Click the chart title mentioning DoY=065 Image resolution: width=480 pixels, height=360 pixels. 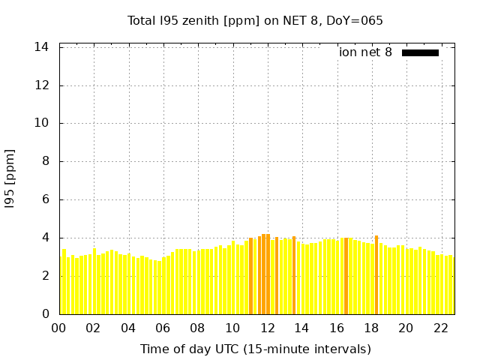click(255, 21)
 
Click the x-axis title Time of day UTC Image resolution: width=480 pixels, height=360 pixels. click(255, 349)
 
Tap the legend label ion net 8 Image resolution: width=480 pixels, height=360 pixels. click(365, 52)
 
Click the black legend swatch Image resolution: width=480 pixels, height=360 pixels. click(420, 52)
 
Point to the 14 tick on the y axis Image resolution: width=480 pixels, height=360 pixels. click(42, 47)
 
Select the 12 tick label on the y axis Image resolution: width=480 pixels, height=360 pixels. click(42, 85)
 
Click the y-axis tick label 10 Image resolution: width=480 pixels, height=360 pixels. click(42, 124)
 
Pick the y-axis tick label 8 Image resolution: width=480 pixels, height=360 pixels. click(45, 162)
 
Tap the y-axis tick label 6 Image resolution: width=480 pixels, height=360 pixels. click(45, 200)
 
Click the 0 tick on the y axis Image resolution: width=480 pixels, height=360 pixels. click(45, 314)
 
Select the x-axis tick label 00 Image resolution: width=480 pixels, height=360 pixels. click(58, 328)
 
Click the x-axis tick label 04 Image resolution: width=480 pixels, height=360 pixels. click(128, 328)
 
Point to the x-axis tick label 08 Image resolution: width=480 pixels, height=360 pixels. click(197, 328)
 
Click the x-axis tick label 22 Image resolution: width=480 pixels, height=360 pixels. click(440, 328)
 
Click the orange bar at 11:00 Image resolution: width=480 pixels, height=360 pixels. click(250, 276)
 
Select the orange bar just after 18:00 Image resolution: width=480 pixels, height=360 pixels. click(376, 275)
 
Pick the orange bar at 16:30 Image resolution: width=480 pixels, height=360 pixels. click(346, 276)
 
